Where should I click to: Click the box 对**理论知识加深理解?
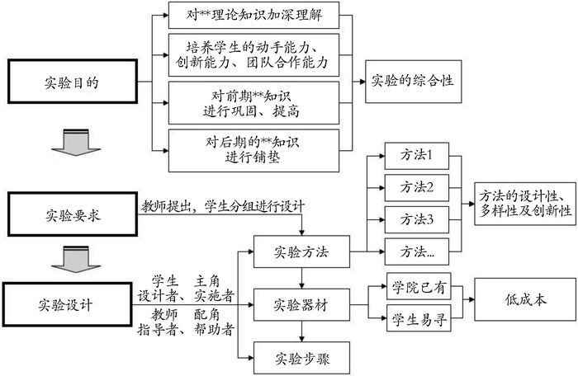click(x=254, y=14)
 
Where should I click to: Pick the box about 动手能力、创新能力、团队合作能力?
click(x=254, y=53)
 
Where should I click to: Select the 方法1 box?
click(x=417, y=154)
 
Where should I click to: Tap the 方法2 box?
click(x=417, y=186)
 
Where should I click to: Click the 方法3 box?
click(x=417, y=219)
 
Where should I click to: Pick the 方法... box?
click(x=417, y=249)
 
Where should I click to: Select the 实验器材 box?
click(x=301, y=304)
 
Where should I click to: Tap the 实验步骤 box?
click(x=301, y=357)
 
